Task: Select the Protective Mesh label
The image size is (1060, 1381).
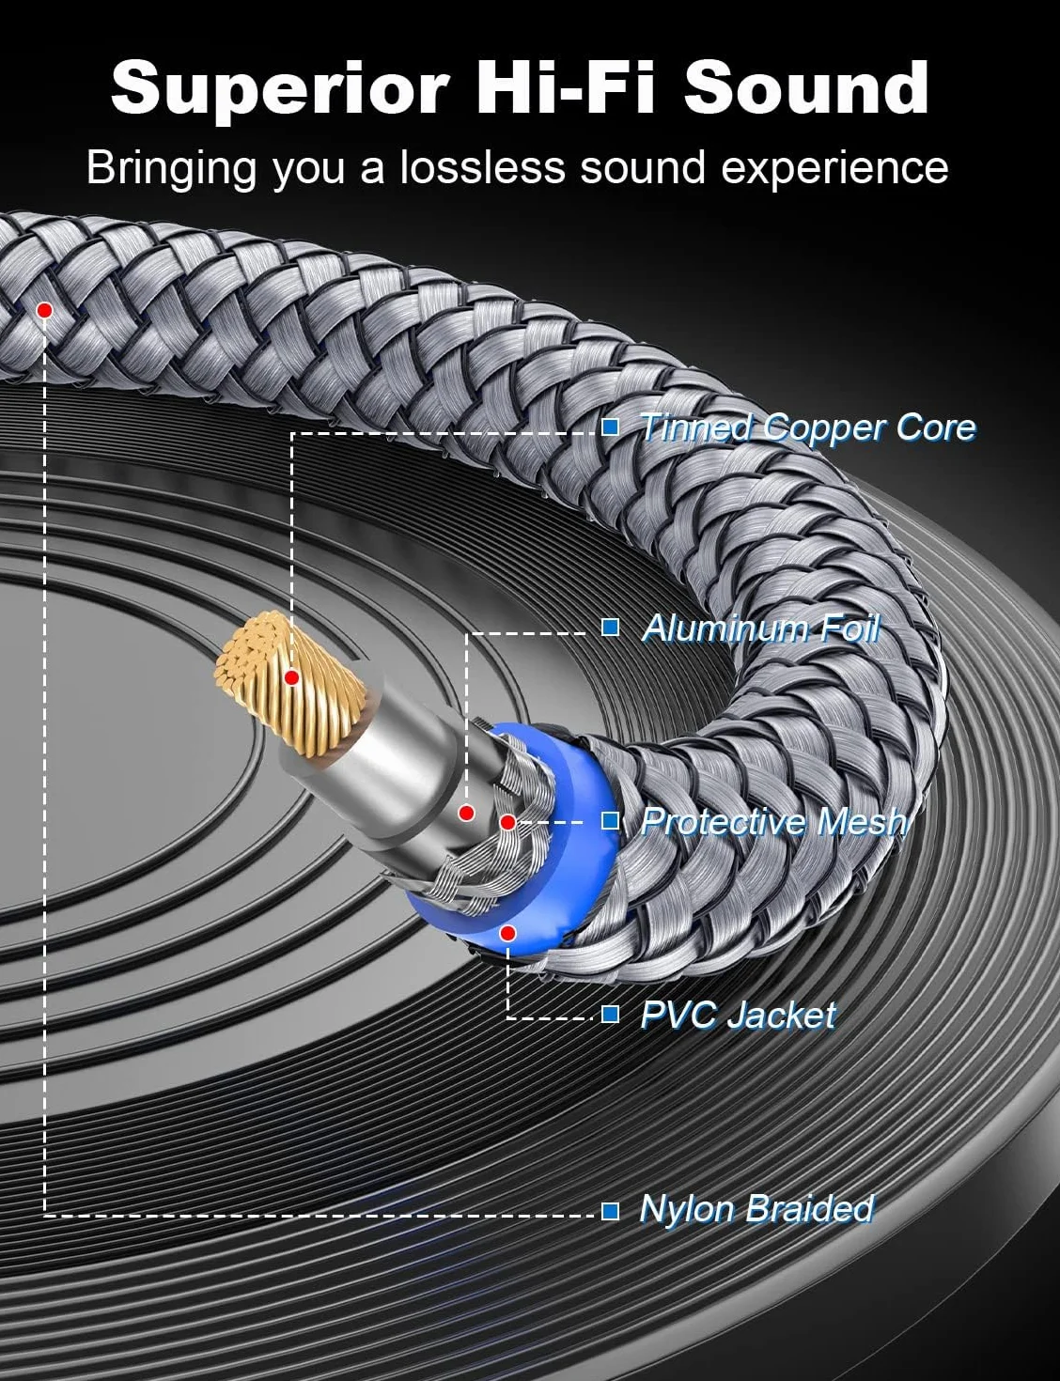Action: click(x=774, y=822)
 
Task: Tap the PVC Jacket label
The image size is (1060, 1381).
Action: click(x=738, y=1015)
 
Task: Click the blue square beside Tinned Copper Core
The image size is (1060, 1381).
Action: click(x=610, y=427)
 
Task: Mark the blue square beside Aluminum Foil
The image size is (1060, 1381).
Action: click(x=610, y=628)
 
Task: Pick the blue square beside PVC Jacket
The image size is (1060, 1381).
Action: click(x=610, y=1015)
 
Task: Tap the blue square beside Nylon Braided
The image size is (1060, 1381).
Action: click(x=610, y=1212)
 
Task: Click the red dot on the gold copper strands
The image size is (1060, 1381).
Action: click(x=291, y=678)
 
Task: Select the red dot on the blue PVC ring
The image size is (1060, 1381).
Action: click(x=507, y=933)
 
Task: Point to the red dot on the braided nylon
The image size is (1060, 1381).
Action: click(x=44, y=310)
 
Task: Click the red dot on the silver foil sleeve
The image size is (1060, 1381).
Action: click(x=466, y=813)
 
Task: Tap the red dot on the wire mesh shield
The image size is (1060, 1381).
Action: click(x=507, y=823)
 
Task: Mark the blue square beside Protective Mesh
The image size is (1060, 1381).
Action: click(x=610, y=821)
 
